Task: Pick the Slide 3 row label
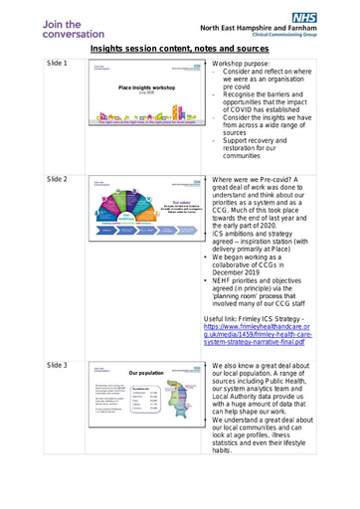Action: [58, 366]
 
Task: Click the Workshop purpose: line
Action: [247, 63]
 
